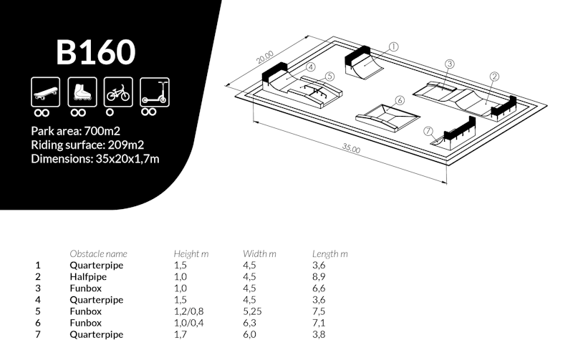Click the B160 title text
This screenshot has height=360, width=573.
click(x=95, y=52)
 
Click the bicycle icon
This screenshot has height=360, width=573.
click(x=117, y=92)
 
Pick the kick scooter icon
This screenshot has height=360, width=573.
click(x=154, y=92)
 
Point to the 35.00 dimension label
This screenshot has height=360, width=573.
click(x=350, y=148)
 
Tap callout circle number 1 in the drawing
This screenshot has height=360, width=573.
click(x=393, y=47)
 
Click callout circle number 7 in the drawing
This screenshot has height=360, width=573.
click(x=428, y=131)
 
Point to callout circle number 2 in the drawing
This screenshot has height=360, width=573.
click(x=494, y=77)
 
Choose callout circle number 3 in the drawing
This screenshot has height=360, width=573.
click(x=450, y=64)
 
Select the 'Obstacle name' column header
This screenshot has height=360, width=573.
click(x=98, y=253)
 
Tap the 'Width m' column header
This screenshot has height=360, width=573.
click(x=259, y=253)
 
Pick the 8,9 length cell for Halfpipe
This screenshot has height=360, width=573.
click(x=319, y=276)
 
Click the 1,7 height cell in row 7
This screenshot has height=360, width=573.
click(x=180, y=334)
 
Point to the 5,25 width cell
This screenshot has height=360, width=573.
click(x=254, y=311)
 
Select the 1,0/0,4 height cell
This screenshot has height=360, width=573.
click(x=188, y=323)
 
